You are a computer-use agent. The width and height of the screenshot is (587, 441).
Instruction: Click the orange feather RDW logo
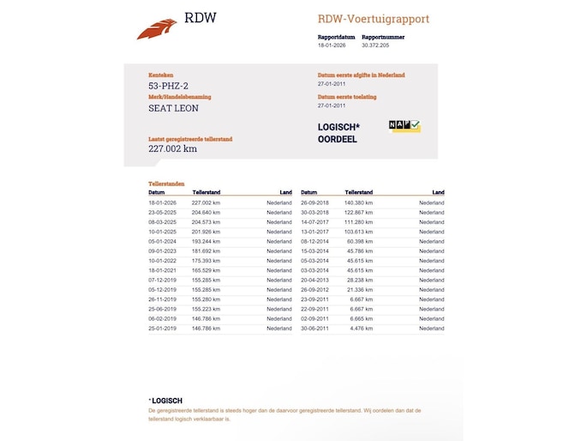click(157, 28)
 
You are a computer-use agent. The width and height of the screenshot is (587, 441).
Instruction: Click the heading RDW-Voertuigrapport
click(374, 19)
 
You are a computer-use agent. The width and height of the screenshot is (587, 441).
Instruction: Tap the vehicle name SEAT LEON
click(173, 108)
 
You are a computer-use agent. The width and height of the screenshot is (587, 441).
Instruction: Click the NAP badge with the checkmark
click(404, 126)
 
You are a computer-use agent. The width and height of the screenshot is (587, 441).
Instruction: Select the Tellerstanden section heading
click(167, 184)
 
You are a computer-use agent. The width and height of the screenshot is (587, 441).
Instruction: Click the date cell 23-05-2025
click(163, 212)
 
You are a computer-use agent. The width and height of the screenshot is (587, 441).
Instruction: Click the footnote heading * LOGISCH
click(165, 401)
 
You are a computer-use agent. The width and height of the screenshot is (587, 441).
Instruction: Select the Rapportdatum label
click(336, 38)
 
